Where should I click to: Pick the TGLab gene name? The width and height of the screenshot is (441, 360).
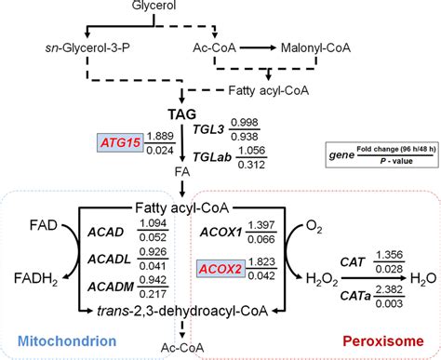pos(221,158)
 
